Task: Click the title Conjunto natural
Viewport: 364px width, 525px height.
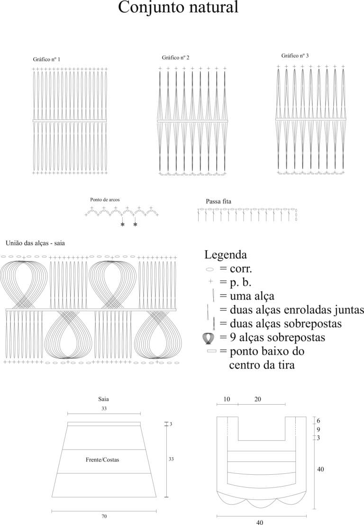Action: pyautogui.click(x=178, y=8)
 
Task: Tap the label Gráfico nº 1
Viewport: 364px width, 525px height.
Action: pyautogui.click(x=46, y=59)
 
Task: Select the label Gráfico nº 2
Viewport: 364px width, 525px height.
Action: pyautogui.click(x=175, y=58)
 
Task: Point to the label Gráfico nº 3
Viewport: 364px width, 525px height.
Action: pyautogui.click(x=295, y=55)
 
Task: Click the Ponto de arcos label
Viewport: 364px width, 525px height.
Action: pyautogui.click(x=105, y=199)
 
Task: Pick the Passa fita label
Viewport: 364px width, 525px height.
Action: pyautogui.click(x=218, y=201)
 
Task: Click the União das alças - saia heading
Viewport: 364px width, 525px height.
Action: pyautogui.click(x=35, y=243)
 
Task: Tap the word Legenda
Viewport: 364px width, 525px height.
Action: pyautogui.click(x=225, y=254)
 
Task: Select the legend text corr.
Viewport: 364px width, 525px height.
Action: pyautogui.click(x=241, y=269)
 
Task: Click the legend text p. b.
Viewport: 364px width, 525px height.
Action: pyautogui.click(x=240, y=282)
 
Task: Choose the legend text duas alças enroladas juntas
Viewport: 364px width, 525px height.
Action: pyautogui.click(x=297, y=310)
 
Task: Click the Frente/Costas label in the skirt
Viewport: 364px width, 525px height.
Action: pyautogui.click(x=102, y=460)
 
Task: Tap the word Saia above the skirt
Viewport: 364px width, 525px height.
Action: pyautogui.click(x=103, y=399)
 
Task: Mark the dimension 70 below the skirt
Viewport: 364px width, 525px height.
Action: pyautogui.click(x=104, y=516)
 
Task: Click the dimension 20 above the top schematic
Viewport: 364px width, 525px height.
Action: pyautogui.click(x=257, y=399)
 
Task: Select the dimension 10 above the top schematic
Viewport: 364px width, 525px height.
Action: pyautogui.click(x=227, y=399)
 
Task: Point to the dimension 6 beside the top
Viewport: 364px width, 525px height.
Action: pyautogui.click(x=318, y=421)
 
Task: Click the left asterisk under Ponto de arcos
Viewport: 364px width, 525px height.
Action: pyautogui.click(x=123, y=225)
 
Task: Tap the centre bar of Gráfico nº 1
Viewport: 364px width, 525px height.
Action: pyautogui.click(x=70, y=121)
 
